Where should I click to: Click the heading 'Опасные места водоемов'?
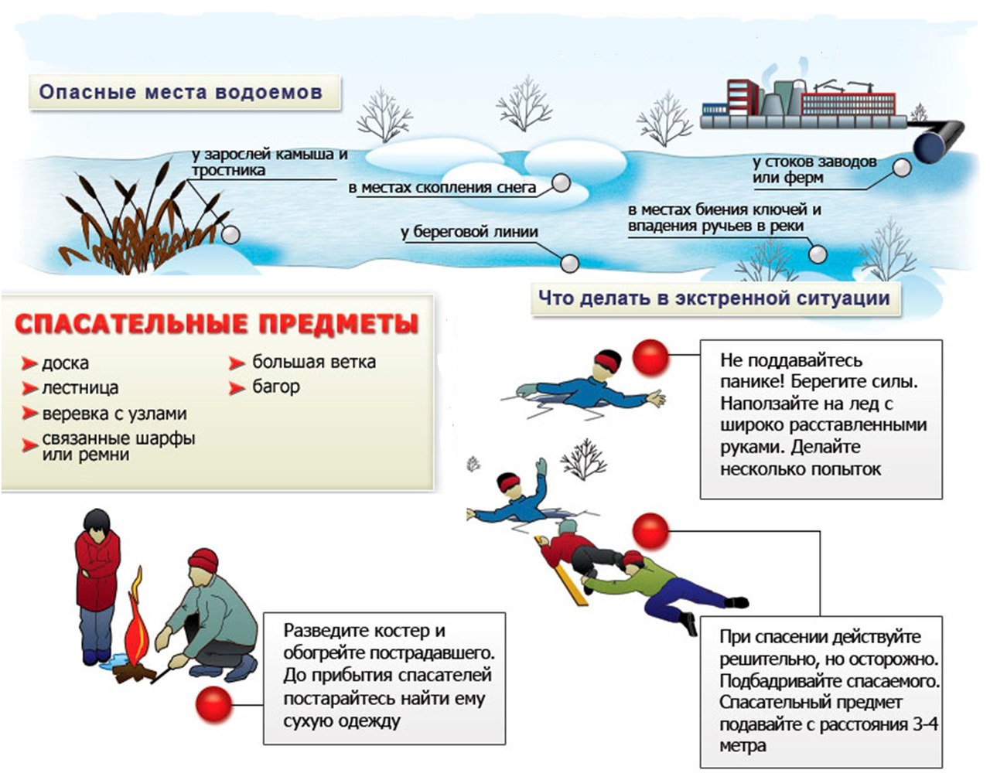click(180, 92)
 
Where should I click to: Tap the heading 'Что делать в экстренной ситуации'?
click(714, 298)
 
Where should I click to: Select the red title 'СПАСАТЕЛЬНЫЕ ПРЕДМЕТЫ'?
click(217, 324)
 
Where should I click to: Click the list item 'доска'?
click(65, 363)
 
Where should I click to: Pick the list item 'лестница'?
click(80, 388)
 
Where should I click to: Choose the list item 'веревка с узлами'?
click(114, 414)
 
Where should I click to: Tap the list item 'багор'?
click(275, 387)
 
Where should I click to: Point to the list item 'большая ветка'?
click(313, 362)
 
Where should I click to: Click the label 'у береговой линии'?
click(469, 232)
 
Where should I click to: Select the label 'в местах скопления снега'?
click(442, 188)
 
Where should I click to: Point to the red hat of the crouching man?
click(203, 559)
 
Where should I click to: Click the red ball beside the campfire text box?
click(213, 704)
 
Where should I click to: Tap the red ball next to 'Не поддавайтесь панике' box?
click(650, 356)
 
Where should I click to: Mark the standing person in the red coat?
click(97, 584)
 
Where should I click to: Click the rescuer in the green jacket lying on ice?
click(657, 581)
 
